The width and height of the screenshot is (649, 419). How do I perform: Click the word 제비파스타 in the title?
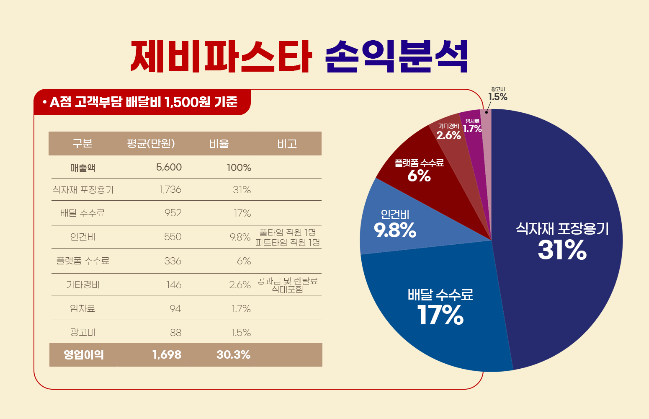pos(221,56)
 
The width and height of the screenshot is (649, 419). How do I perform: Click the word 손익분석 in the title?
pos(396,56)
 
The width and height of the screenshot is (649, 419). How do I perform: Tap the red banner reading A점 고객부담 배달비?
pos(142,102)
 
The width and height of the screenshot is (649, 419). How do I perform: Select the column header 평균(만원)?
pos(151,144)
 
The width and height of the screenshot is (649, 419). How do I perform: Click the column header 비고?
pos(287,144)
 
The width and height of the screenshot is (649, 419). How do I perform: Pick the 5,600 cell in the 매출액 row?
pos(169,168)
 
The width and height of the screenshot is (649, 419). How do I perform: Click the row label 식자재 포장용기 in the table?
pos(83,190)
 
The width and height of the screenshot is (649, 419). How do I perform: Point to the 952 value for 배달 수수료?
pos(173,213)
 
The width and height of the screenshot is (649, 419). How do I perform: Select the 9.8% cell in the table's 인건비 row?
pos(240,237)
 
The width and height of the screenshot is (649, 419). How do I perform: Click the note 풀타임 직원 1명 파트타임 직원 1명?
pos(288,237)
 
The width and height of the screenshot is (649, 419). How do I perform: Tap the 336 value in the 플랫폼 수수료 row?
pos(173,261)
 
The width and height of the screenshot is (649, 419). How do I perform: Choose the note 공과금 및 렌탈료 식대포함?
pos(287,285)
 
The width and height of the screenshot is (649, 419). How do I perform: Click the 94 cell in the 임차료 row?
pos(175,309)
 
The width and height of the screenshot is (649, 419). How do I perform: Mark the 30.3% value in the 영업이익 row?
pos(233,355)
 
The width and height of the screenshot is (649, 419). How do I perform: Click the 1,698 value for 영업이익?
pos(167,355)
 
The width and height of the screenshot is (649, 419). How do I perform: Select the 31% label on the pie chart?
pos(562,250)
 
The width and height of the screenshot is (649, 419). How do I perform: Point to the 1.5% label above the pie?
pos(497,97)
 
